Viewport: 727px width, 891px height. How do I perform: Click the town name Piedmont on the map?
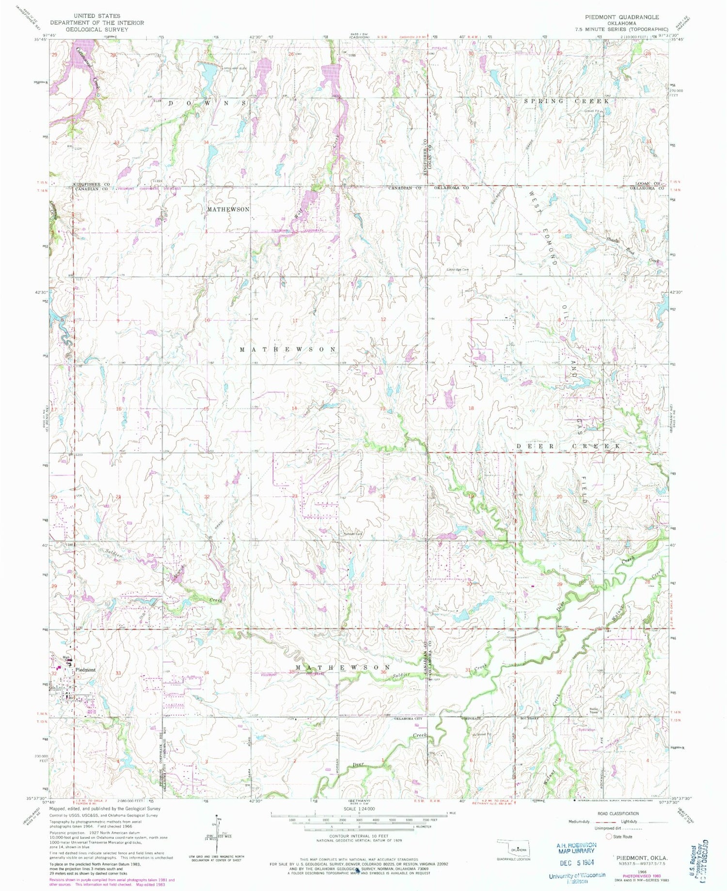click(85, 670)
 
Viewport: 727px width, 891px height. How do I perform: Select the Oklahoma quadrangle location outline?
click(514, 850)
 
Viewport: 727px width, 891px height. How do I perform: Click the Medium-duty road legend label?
click(579, 822)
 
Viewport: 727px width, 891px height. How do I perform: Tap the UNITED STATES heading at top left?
click(97, 16)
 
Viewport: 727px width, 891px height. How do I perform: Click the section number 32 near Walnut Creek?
click(559, 672)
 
